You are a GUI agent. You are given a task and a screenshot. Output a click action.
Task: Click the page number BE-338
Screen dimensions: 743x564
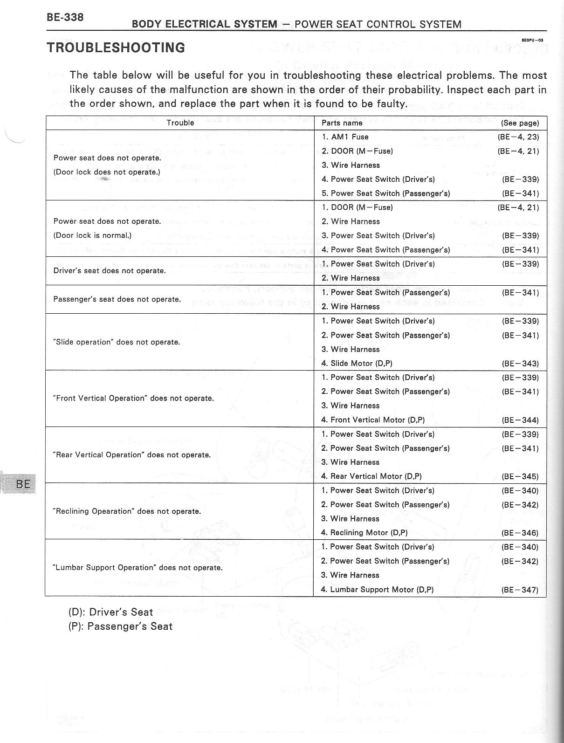(65, 18)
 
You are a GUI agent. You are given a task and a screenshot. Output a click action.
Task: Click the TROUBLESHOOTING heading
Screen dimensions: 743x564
(116, 48)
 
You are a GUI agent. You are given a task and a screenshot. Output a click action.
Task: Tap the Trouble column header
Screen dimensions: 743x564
(180, 123)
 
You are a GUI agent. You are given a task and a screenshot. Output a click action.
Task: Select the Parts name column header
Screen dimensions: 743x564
(342, 123)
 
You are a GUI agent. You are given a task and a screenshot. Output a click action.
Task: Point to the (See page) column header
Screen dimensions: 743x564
(520, 123)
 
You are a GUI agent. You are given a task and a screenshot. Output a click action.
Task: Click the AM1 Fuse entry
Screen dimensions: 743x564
(345, 137)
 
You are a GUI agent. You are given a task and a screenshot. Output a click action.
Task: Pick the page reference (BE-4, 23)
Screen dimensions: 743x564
(518, 137)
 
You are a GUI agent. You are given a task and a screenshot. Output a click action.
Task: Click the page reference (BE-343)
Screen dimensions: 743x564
(520, 364)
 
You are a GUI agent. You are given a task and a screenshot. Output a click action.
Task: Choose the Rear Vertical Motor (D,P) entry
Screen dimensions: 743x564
(371, 476)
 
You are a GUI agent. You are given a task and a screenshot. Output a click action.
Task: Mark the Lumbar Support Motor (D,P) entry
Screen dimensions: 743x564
(377, 590)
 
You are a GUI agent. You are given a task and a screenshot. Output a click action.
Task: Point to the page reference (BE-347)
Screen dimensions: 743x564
(520, 590)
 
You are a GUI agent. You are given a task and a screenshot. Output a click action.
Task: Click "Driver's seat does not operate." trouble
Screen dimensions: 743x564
(110, 271)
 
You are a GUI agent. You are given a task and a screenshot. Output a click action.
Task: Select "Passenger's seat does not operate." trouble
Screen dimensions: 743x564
(117, 299)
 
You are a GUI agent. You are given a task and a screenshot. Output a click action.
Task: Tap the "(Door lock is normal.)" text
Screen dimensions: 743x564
(92, 235)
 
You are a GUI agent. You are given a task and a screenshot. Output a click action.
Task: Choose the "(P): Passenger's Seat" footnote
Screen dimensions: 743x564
(120, 626)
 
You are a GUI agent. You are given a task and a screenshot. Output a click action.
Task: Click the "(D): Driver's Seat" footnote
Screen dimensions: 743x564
(110, 612)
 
